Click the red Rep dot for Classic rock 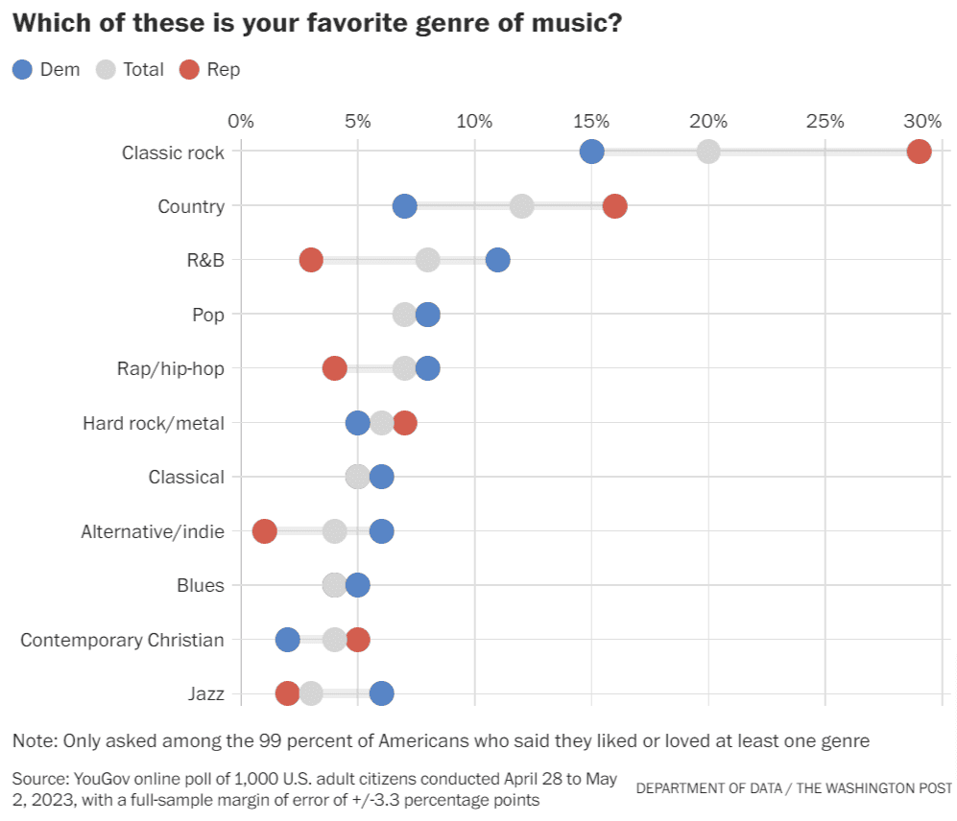pos(919,152)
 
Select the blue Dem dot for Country pos(405,206)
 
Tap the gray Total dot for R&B pos(428,260)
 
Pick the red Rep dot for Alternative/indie pos(264,531)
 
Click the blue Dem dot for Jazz pos(381,693)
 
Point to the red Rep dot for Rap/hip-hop pos(334,368)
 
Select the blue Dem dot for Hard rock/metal pos(357,423)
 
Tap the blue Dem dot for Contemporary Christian pos(287,640)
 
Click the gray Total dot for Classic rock pos(708,152)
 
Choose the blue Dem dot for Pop pos(428,315)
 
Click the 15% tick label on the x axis pos(591,121)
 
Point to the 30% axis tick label pos(922,121)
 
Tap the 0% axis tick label pos(241,121)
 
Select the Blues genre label pos(201,585)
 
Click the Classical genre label pos(186,477)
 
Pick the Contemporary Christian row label pos(123,640)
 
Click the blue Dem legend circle pos(22,69)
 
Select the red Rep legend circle pos(189,69)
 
